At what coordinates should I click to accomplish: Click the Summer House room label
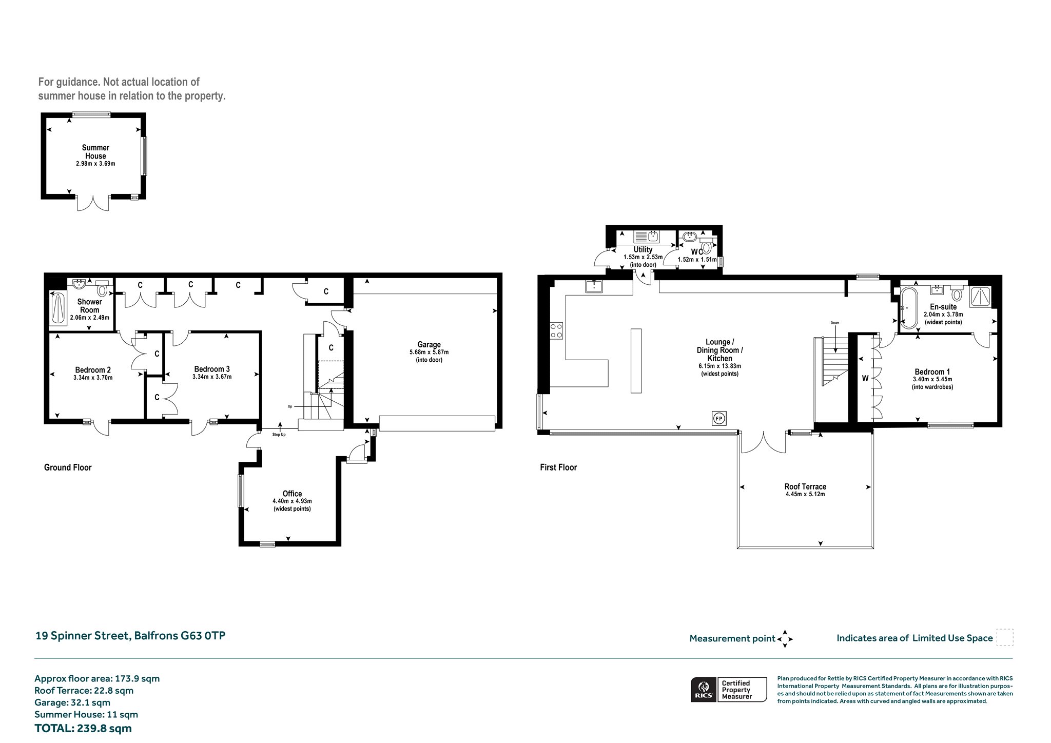coord(95,152)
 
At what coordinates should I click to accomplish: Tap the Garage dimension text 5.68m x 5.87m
coord(429,353)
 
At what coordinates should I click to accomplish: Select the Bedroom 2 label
coord(93,370)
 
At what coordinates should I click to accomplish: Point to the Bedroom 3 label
coord(212,369)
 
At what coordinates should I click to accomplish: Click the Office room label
coord(292,494)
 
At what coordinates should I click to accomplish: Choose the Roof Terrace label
coord(805,486)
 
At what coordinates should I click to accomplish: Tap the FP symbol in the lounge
coord(719,418)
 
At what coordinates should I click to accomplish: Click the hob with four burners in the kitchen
coord(556,330)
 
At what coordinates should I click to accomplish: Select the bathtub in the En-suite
coord(908,308)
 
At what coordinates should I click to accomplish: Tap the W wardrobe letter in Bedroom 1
coord(865,379)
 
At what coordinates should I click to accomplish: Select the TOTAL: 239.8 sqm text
coord(83,728)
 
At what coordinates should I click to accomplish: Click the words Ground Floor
coord(68,467)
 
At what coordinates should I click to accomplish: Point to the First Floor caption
coord(558,467)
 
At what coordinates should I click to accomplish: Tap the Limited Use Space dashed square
coord(1004,637)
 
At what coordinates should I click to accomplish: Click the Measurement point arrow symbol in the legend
coord(785,639)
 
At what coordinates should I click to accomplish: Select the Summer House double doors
coord(93,203)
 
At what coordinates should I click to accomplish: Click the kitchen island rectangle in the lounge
coord(636,361)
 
